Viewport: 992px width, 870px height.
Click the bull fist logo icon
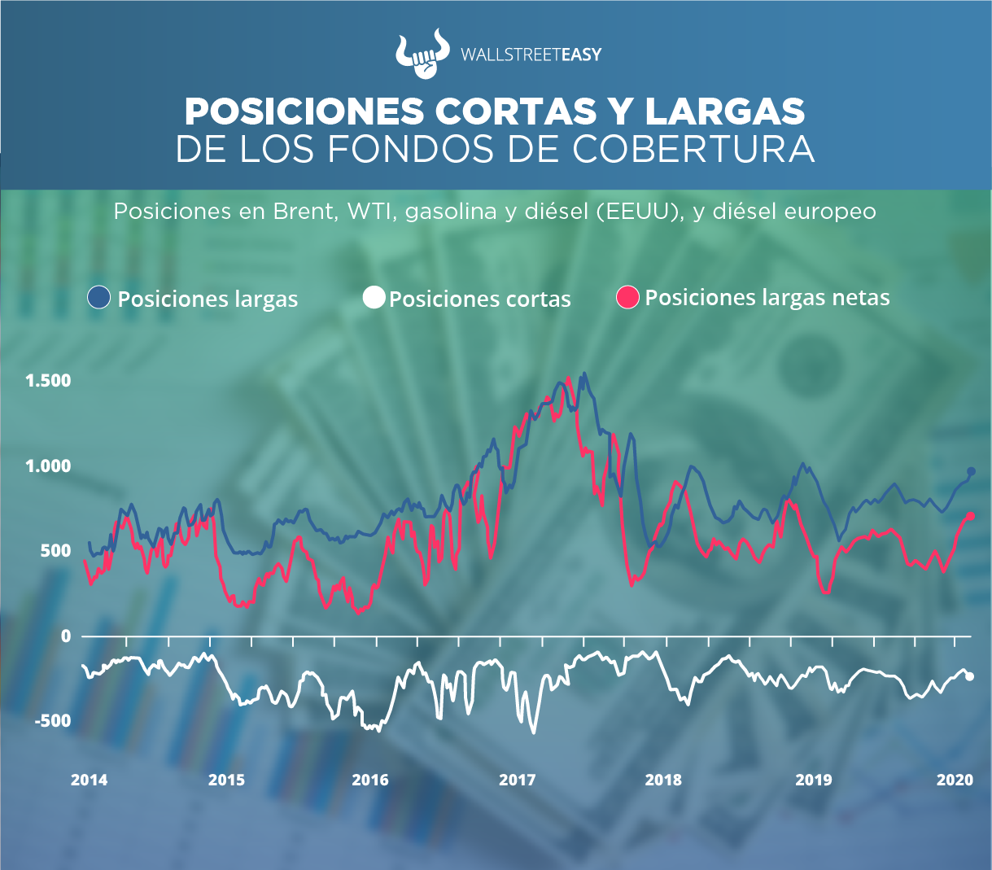pos(422,55)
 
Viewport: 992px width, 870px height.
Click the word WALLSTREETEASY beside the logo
pos(531,55)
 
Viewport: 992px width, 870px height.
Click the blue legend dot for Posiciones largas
pos(98,298)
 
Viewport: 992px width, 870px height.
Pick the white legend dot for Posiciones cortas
pos(374,298)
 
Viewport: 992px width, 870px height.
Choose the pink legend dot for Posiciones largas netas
pos(629,298)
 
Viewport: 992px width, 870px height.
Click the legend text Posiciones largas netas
pos(767,298)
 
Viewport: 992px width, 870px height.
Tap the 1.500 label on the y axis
pos(48,381)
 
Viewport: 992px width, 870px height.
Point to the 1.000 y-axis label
pos(48,466)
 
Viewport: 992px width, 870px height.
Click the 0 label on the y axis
pos(66,636)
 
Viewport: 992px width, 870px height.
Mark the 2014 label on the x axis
pos(89,780)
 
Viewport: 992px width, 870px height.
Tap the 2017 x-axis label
pos(518,780)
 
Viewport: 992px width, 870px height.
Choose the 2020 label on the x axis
pos(955,780)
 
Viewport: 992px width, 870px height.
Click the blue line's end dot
pos(971,471)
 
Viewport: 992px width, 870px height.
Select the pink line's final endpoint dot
pos(971,517)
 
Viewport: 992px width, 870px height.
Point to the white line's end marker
pos(970,676)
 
